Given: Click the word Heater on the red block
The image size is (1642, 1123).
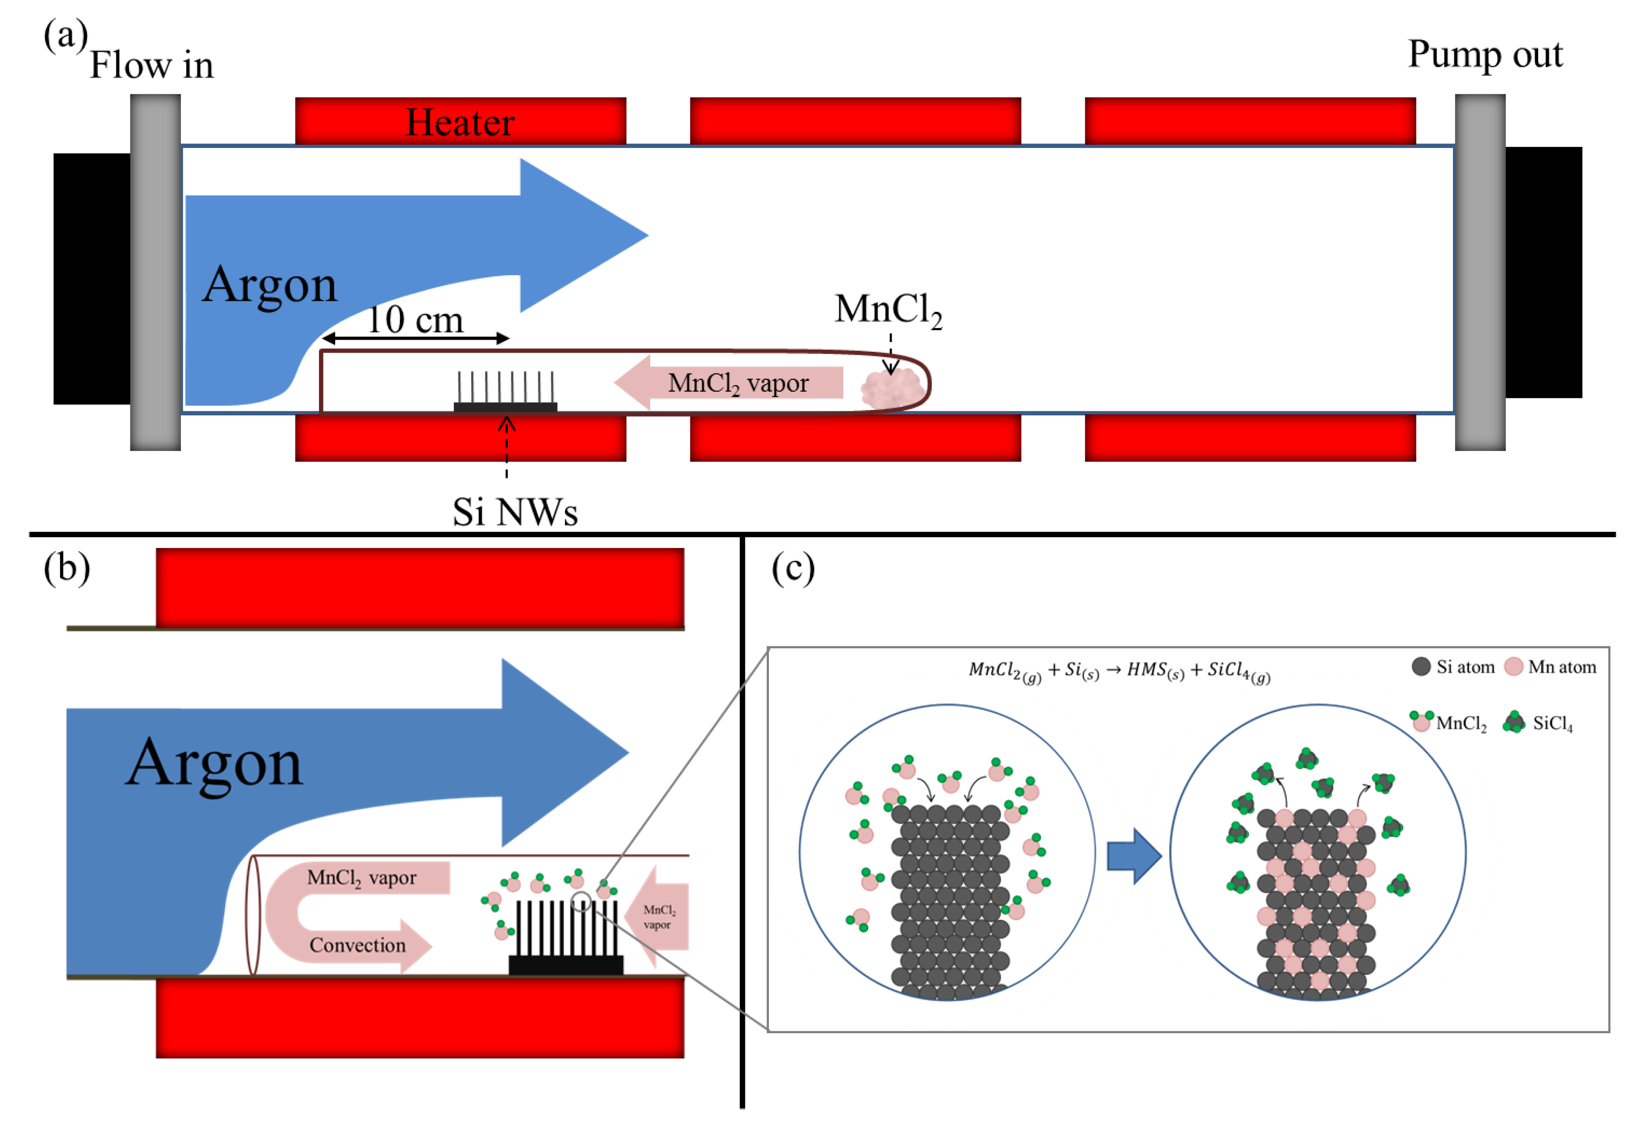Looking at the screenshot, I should coord(460,122).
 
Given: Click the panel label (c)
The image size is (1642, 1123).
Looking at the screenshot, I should coord(793,568).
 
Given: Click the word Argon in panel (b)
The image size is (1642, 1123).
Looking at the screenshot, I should coord(214,764).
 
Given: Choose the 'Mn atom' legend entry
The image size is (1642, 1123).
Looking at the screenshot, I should coord(1551,667).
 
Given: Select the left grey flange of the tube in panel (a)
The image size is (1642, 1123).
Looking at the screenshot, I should coord(155,272).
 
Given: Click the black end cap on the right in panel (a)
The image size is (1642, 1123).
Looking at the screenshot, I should coord(1543,272).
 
